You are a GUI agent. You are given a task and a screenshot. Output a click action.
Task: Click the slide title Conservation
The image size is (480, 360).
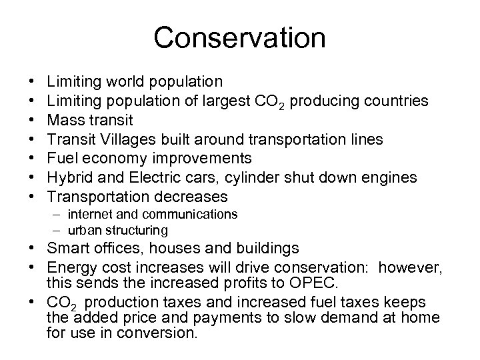click(x=240, y=38)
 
